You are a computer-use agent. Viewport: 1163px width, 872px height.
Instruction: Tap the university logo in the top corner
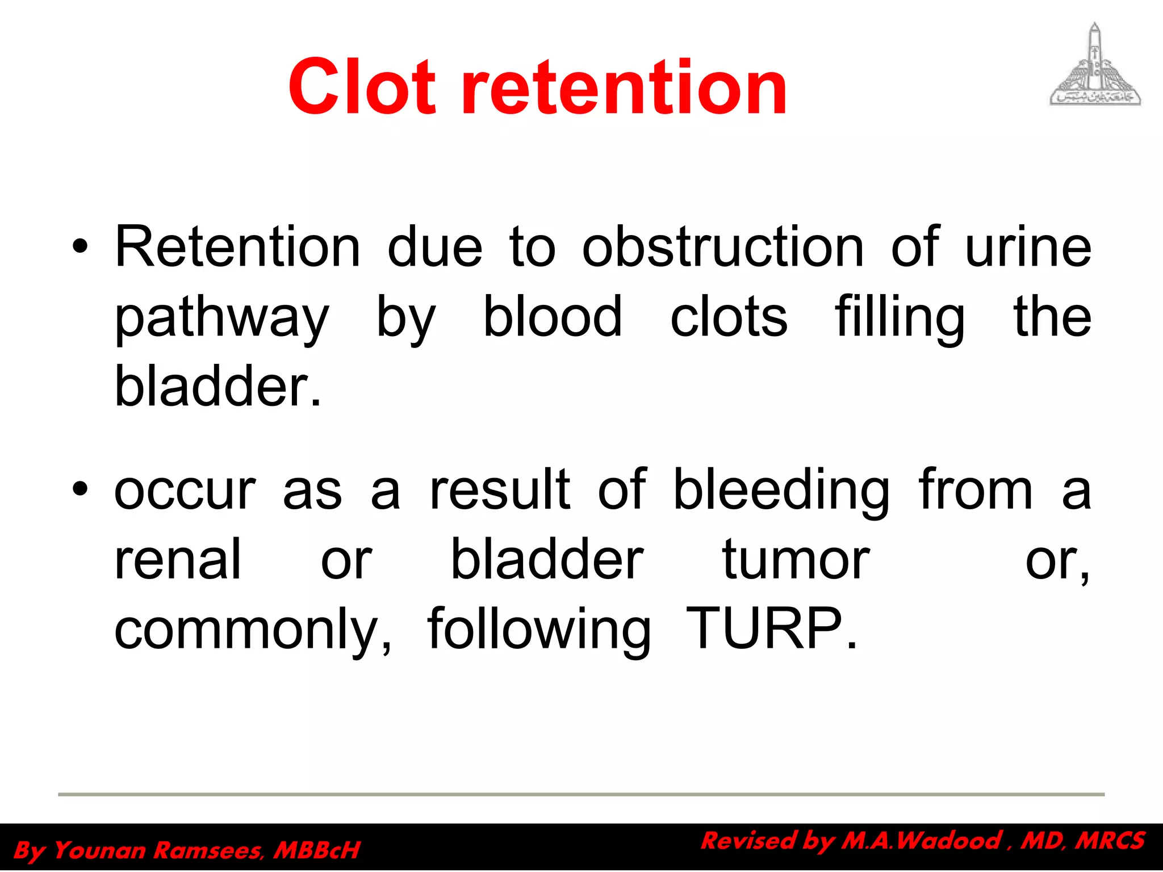(1094, 65)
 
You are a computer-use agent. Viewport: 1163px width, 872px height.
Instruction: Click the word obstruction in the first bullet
(722, 246)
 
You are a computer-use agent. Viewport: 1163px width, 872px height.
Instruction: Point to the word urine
(1028, 248)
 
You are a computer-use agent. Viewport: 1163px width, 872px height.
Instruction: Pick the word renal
(178, 560)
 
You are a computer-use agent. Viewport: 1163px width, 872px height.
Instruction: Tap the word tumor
(796, 560)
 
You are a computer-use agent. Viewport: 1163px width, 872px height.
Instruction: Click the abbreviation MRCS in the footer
(1110, 841)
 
